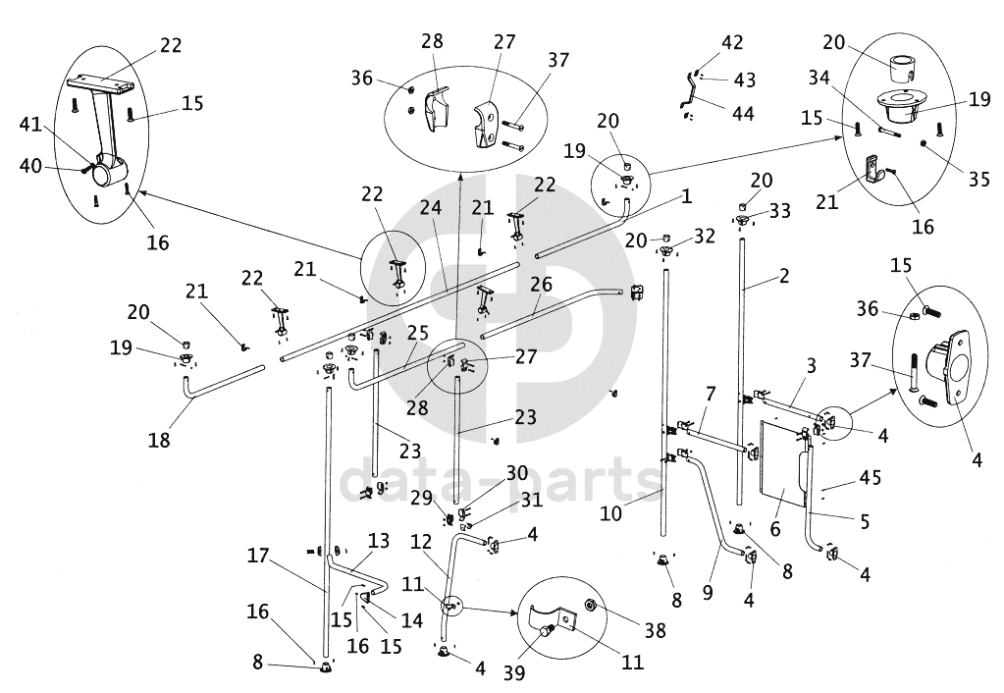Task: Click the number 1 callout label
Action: pos(687,195)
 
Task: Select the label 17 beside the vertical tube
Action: pos(258,555)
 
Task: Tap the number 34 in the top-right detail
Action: pos(819,78)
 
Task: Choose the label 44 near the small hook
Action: pos(743,114)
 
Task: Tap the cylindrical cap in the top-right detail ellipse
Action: pos(902,71)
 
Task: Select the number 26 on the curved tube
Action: pos(542,286)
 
